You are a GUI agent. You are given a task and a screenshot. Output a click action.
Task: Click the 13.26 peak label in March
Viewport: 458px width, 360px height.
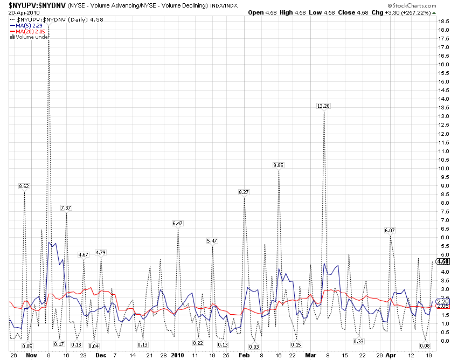pos(323,106)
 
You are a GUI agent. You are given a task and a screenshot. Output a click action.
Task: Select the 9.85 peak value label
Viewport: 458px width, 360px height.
pos(279,165)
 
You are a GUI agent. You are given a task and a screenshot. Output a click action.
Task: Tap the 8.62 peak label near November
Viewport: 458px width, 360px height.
pos(24,186)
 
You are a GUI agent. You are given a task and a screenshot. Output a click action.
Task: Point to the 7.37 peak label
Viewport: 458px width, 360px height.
pos(66,207)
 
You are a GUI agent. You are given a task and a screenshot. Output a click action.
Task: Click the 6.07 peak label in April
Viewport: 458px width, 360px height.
pos(390,230)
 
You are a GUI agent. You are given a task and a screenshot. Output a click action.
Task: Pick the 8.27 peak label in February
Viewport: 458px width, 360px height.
pos(244,192)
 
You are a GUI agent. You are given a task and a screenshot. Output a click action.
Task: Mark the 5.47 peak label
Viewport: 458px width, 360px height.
pos(212,240)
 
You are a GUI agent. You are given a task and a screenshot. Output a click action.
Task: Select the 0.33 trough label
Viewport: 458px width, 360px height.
pos(359,341)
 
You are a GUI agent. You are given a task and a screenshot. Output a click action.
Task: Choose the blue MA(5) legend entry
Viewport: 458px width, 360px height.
pos(27,25)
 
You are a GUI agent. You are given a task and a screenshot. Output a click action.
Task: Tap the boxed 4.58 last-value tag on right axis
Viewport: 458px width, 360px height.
pos(443,261)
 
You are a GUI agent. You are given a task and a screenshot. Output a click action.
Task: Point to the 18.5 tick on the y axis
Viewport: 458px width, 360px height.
pos(444,21)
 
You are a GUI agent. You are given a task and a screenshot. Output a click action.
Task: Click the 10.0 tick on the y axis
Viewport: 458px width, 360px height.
pos(444,168)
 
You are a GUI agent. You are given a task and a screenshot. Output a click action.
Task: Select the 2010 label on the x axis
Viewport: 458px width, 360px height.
pos(178,356)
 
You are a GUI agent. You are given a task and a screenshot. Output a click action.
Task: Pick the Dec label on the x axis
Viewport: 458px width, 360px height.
pos(101,356)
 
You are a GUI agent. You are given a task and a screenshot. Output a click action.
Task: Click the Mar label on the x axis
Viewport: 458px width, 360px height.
pos(310,356)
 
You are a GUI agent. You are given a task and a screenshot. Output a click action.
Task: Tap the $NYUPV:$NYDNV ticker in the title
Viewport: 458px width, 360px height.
pos(33,5)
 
